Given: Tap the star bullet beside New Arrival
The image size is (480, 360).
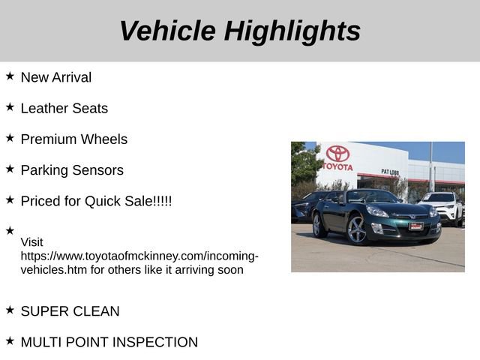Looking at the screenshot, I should point(10,76).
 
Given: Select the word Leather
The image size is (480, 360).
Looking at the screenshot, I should point(44,108).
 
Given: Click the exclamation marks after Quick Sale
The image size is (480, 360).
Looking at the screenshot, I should point(163,201).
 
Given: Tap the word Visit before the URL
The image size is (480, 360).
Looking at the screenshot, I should point(31,242).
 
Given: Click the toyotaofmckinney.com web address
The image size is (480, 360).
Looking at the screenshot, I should point(139,256).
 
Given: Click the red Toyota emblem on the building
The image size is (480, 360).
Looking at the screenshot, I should point(337,153).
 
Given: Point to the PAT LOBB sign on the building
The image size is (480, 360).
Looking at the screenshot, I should point(390,172).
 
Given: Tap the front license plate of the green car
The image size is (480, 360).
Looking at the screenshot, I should point(416,225).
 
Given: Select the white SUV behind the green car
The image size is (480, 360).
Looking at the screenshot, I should point(443,206).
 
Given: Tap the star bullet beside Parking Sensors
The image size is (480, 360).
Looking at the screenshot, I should point(10,169).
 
